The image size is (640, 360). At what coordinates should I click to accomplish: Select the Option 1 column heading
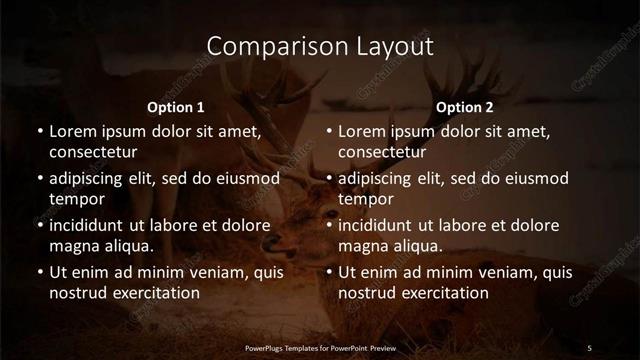tap(176, 106)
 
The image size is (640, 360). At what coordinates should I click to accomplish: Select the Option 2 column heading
tap(465, 106)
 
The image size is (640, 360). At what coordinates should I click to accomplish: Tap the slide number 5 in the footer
tap(589, 347)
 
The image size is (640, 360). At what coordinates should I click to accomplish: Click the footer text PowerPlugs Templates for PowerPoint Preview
tap(319, 347)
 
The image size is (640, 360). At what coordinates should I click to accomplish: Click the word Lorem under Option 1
tap(72, 131)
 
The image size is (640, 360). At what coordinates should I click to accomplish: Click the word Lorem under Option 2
tap(362, 131)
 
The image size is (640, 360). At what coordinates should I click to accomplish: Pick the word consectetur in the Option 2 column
tap(383, 152)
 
